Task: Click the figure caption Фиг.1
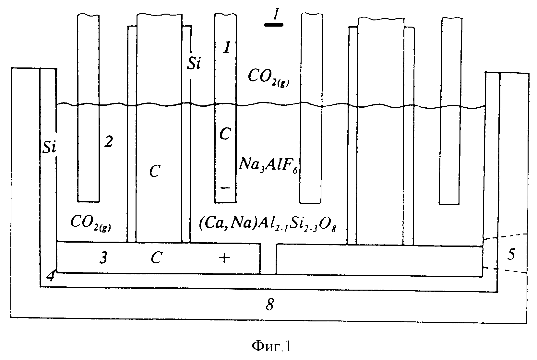pos(271,346)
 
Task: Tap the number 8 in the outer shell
pos(270,305)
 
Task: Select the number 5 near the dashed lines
pos(511,255)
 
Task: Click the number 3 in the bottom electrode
pos(103,258)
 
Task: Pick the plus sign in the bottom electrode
pos(224,258)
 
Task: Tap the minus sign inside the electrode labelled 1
pos(225,188)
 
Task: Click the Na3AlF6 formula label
pos(268,165)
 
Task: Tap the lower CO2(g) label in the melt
pos(91,223)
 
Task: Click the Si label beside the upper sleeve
pos(194,64)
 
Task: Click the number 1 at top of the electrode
pos(227,47)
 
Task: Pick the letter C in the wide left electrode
pos(155,171)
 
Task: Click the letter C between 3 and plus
pos(156,258)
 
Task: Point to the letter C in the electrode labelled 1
pos(225,134)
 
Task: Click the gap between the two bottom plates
pos(268,259)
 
